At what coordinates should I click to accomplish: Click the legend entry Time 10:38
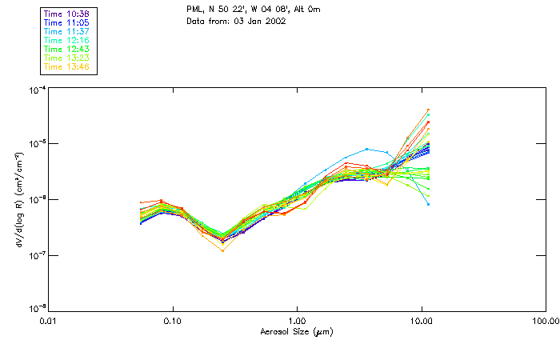point(67,14)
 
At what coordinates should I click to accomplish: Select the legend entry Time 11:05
point(67,22)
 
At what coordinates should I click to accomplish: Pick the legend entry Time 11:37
point(67,31)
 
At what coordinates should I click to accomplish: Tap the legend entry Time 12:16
point(67,40)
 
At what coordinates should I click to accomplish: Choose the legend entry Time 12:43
point(67,49)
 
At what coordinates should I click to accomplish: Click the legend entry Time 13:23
point(67,58)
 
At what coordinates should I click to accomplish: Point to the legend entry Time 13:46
point(67,66)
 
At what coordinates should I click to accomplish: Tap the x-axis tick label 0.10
point(173,320)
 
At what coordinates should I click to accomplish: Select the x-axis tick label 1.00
point(297,320)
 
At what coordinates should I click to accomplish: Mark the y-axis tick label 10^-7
point(36,255)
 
